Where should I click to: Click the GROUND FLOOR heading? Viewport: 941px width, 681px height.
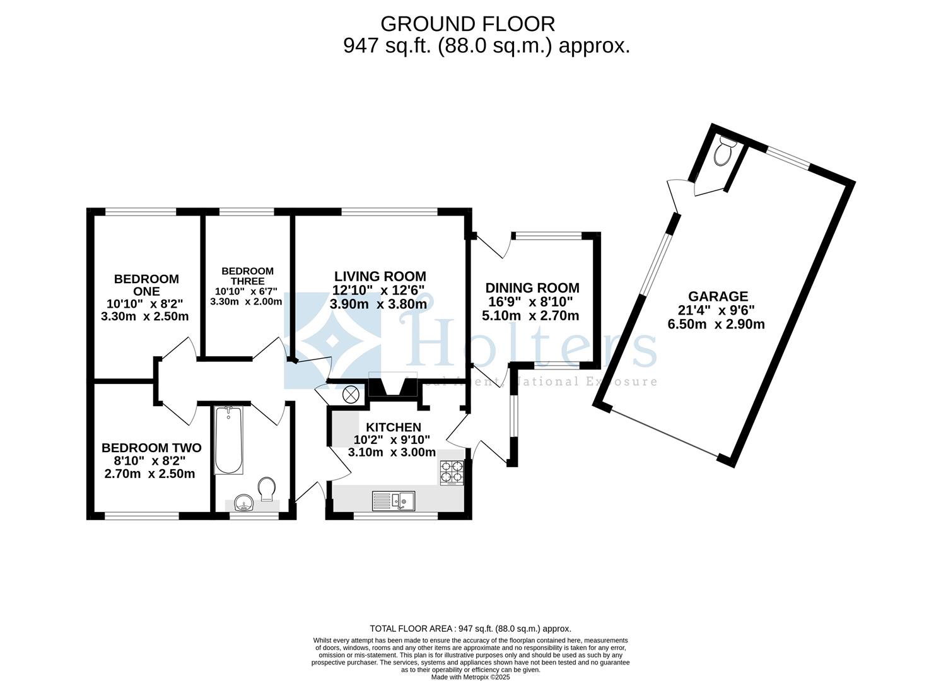pos(467,24)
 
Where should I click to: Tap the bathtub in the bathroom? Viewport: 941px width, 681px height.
pos(228,440)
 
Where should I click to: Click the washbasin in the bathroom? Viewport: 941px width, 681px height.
pos(243,503)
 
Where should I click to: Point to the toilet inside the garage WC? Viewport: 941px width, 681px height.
pos(724,151)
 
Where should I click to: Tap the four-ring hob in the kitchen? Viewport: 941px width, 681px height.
pos(452,473)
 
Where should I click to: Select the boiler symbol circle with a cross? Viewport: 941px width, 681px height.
pos(350,395)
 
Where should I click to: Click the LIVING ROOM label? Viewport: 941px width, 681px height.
pos(380,276)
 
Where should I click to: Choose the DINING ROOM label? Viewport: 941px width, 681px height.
pos(532,288)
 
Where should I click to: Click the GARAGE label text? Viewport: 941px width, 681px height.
pos(718,296)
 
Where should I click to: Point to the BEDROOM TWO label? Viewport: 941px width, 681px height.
pos(151,448)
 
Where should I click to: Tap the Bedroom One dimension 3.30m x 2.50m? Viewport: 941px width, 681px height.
pos(145,317)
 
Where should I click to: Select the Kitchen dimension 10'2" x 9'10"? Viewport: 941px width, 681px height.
pos(392,439)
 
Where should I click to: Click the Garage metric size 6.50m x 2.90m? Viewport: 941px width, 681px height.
pos(716,325)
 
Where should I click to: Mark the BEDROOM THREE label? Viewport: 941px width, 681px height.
pos(247,276)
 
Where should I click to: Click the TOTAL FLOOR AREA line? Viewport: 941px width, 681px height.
pos(470,629)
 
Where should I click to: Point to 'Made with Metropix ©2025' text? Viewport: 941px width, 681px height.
pos(470,677)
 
